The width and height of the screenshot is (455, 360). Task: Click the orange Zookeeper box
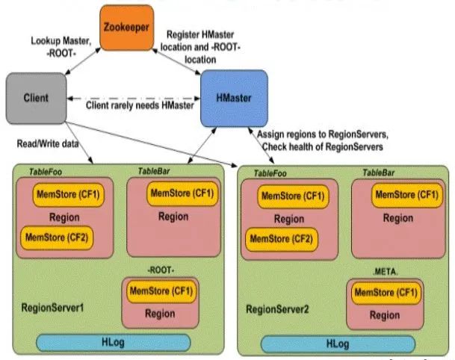(x=127, y=28)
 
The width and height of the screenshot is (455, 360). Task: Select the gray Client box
(x=37, y=98)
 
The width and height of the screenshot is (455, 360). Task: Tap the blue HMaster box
(x=234, y=98)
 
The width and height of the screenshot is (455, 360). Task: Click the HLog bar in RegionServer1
(x=113, y=343)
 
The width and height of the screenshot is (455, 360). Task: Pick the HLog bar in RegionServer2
(x=338, y=344)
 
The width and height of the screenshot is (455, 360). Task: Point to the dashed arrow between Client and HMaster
(x=134, y=99)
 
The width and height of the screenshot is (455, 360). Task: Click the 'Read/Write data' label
(x=48, y=144)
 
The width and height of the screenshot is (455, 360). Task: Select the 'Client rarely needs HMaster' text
(x=140, y=105)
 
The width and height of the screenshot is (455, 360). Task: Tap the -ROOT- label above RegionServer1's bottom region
(x=161, y=270)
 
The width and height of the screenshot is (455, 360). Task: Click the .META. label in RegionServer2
(x=386, y=272)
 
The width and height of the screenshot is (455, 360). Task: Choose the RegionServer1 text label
(x=52, y=308)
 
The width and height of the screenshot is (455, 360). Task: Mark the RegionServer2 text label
(x=277, y=309)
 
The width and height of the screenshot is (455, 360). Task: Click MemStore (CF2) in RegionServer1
(x=57, y=238)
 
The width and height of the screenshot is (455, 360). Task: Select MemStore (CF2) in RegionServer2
(x=282, y=239)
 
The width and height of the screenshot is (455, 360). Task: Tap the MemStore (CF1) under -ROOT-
(x=161, y=291)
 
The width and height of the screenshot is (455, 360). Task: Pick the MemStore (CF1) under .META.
(x=386, y=293)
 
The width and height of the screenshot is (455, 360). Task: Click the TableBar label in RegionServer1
(x=154, y=172)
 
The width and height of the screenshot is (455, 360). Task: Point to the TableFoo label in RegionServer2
(x=270, y=173)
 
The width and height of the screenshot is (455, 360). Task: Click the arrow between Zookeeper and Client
(x=83, y=61)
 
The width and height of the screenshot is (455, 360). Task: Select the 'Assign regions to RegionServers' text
(x=323, y=134)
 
